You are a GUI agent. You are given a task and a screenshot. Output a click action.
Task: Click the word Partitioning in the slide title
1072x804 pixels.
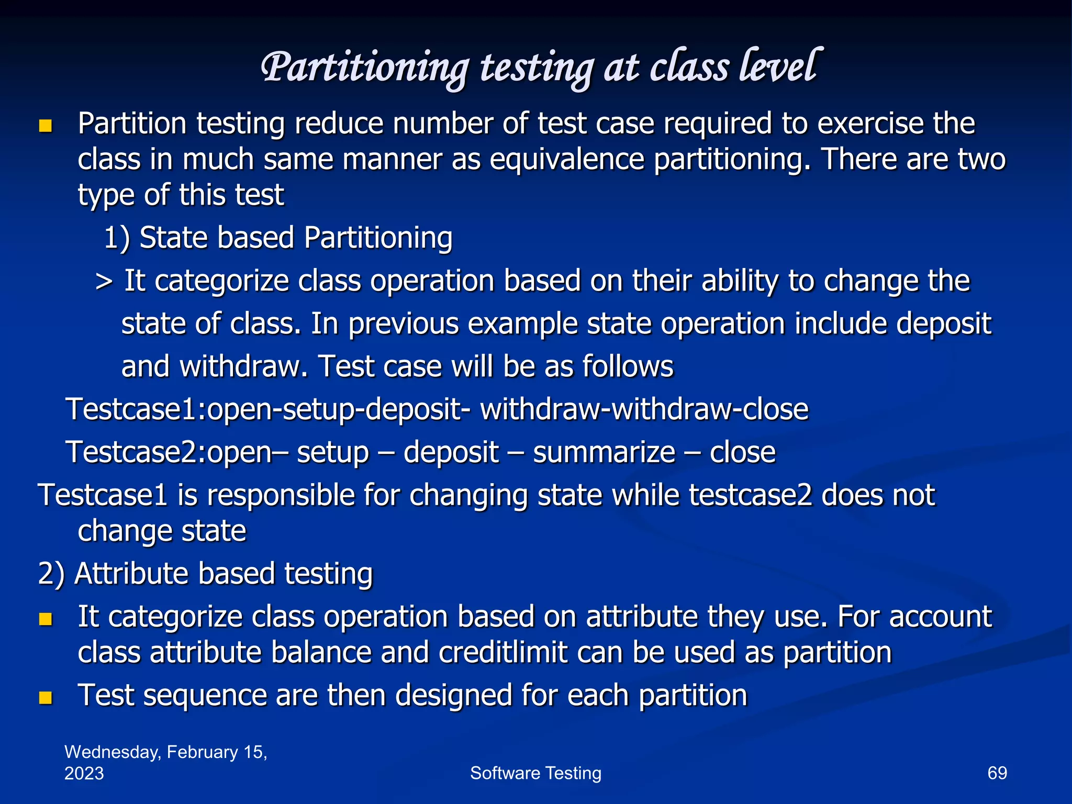click(x=365, y=68)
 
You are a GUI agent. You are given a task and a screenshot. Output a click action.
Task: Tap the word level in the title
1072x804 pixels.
click(x=778, y=67)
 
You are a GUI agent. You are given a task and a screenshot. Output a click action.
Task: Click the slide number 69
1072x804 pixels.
click(x=997, y=773)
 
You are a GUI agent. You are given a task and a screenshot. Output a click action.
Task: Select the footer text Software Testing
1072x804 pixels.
click(x=535, y=773)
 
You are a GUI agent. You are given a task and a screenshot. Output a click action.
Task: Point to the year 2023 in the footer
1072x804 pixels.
click(x=84, y=774)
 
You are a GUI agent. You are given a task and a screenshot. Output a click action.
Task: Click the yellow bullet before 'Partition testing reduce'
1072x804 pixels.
click(x=46, y=126)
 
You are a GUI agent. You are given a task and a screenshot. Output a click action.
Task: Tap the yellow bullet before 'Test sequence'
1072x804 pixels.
click(x=46, y=698)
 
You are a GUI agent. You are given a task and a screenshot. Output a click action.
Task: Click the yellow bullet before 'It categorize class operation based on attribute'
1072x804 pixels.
click(x=46, y=619)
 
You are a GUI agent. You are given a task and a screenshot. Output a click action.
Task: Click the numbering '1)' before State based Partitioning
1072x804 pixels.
click(x=117, y=238)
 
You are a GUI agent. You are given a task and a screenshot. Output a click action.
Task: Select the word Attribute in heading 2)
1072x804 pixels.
click(x=131, y=574)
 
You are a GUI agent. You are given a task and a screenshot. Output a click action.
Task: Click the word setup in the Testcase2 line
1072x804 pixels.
click(x=333, y=453)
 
